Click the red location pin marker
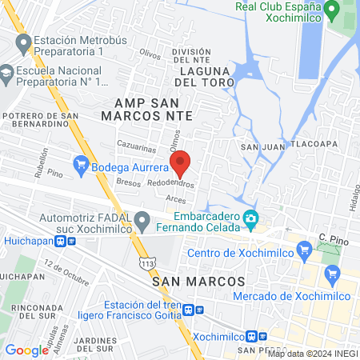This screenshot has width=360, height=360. pos(181,163)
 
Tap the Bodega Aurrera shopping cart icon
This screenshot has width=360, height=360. pos(81,166)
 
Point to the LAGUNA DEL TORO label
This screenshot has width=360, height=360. pos(201,82)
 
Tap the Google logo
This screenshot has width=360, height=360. pos(26,350)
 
